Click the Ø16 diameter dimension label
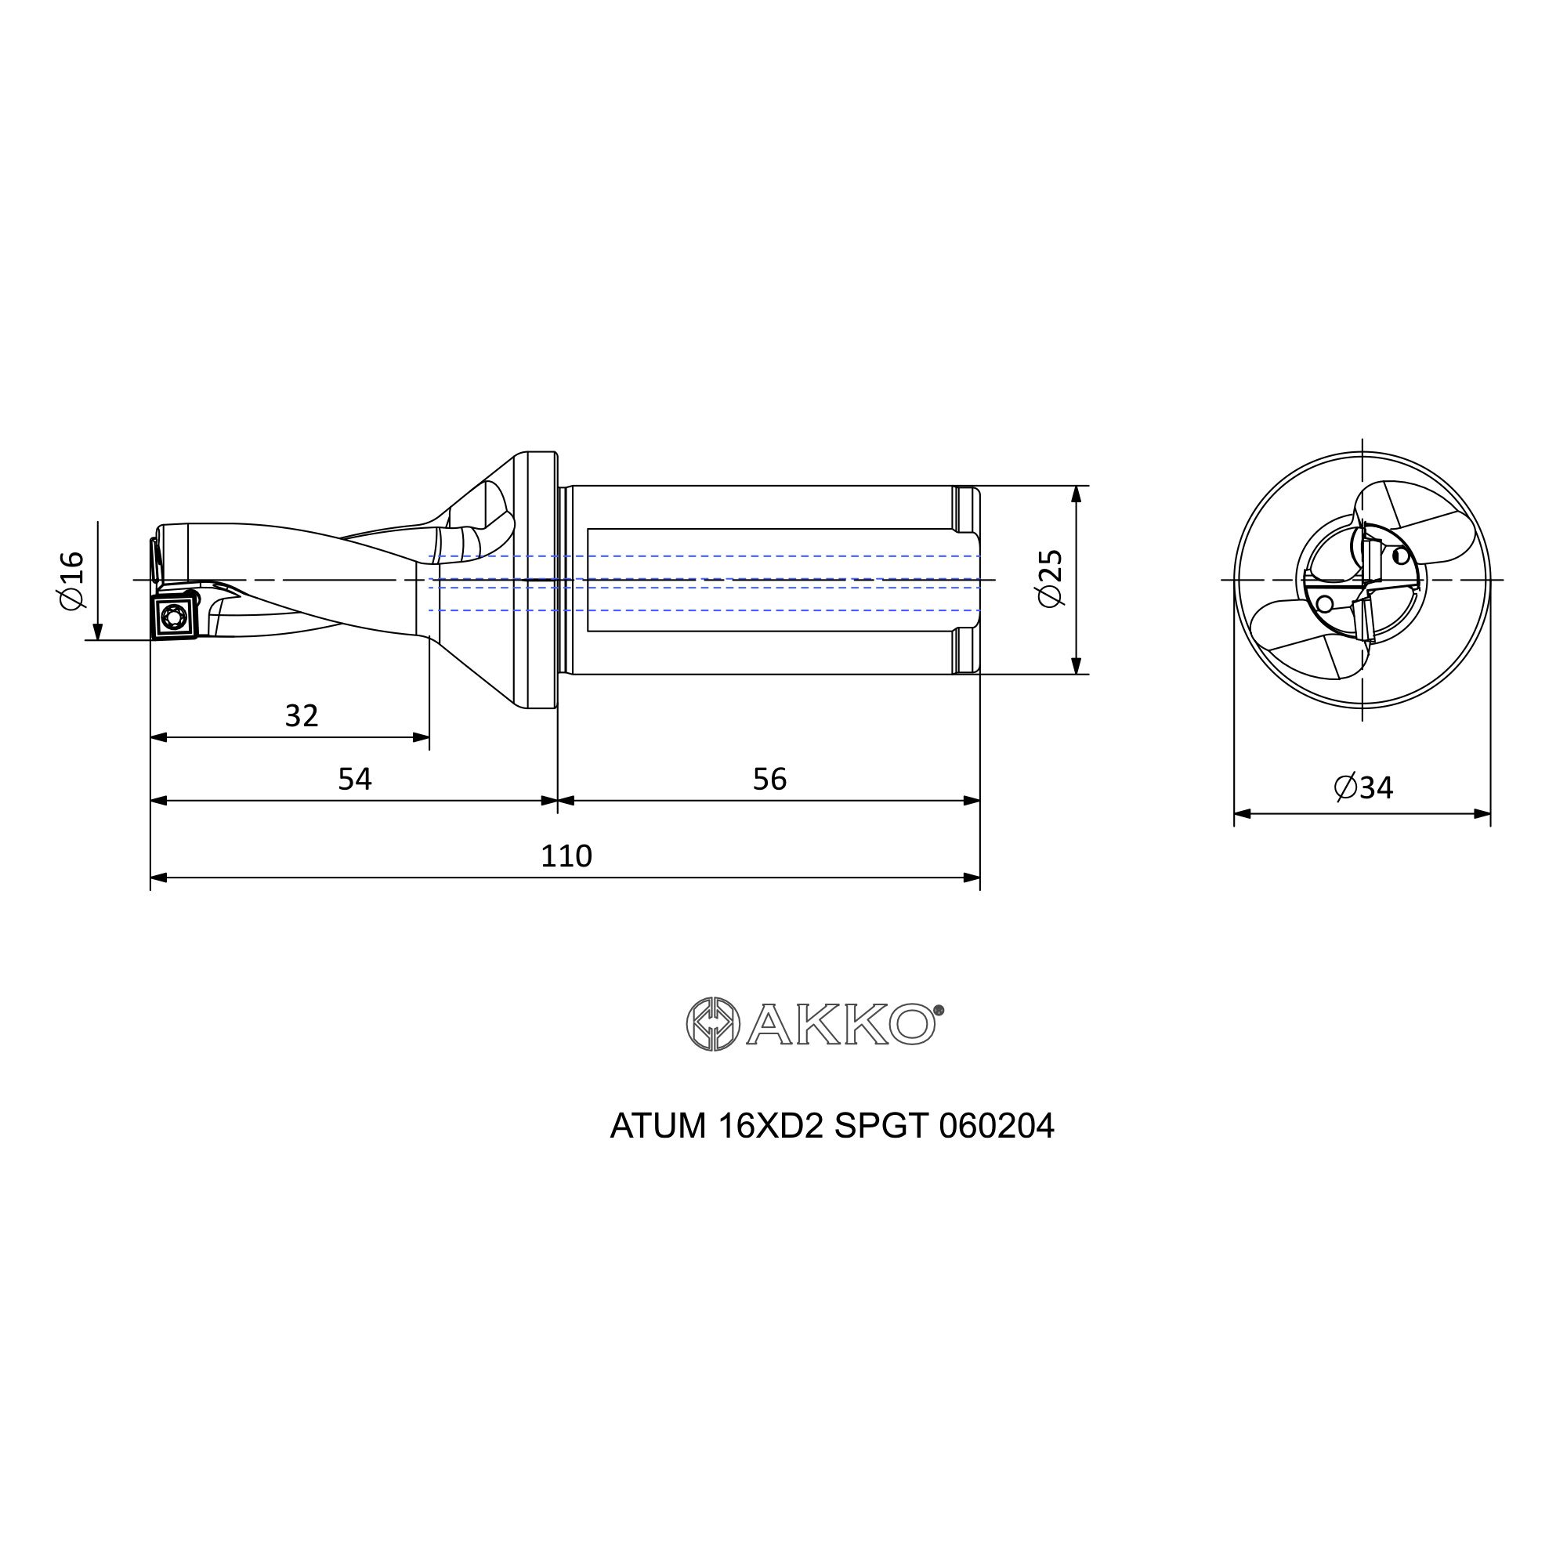pyautogui.click(x=71, y=580)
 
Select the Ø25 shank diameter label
pyautogui.click(x=1050, y=578)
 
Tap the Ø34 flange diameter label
pyautogui.click(x=1363, y=787)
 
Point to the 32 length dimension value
pyautogui.click(x=302, y=715)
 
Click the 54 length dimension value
pyautogui.click(x=354, y=779)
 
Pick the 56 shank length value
pyautogui.click(x=769, y=779)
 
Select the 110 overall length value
pyautogui.click(x=566, y=856)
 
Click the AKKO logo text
pyautogui.click(x=840, y=1024)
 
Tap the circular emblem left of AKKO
pyautogui.click(x=713, y=1024)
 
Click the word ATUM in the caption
pyautogui.click(x=658, y=1126)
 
